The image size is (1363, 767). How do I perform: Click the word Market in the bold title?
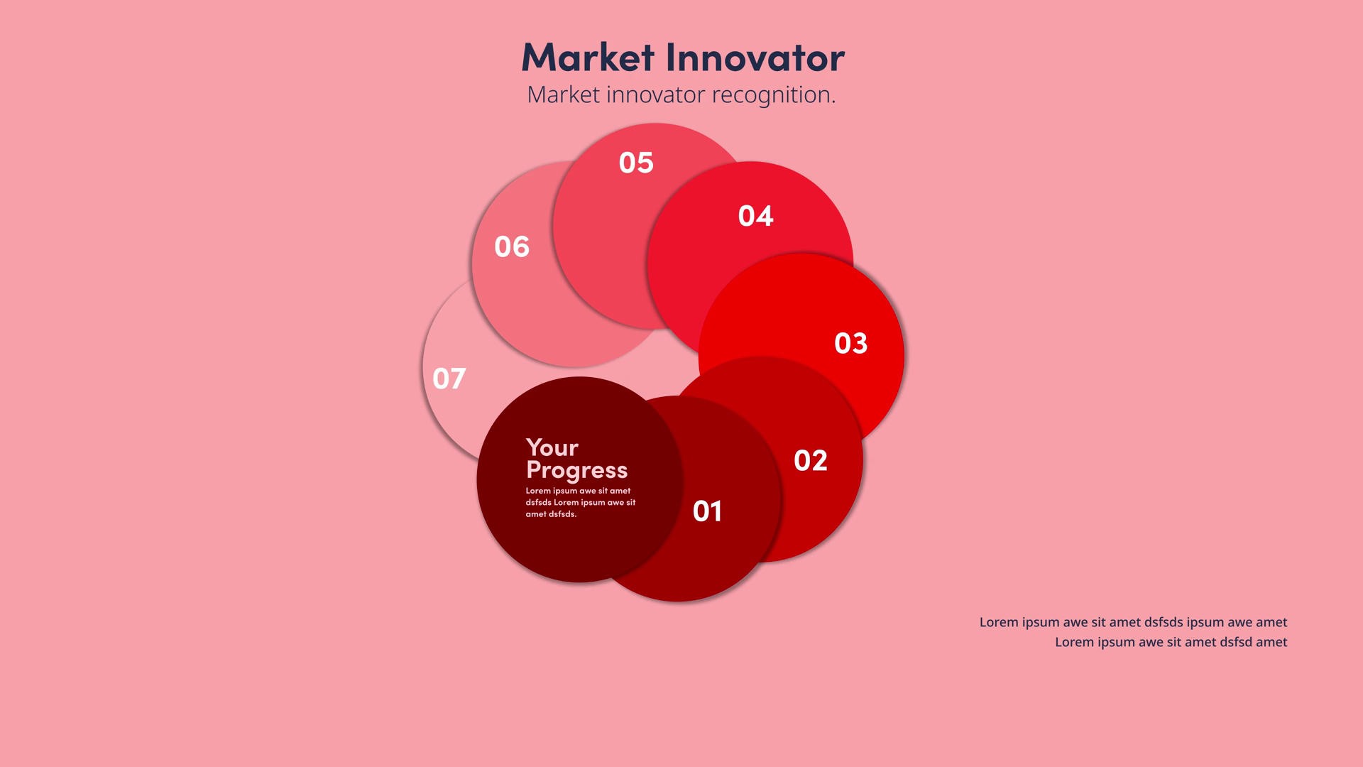(588, 57)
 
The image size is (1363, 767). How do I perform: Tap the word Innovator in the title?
(756, 57)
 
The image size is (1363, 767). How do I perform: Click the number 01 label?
(707, 511)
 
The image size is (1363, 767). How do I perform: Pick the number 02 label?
(811, 461)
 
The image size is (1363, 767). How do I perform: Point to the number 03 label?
(851, 344)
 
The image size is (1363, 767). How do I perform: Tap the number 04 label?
(755, 216)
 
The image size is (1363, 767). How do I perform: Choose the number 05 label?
(636, 163)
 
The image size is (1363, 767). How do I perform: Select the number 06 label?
(512, 247)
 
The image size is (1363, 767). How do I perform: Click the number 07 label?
(449, 379)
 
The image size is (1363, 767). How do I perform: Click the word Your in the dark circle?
(552, 447)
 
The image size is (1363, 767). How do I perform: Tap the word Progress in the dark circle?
(577, 470)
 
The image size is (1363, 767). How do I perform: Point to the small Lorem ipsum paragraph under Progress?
(581, 502)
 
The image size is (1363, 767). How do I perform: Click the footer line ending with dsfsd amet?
(1171, 642)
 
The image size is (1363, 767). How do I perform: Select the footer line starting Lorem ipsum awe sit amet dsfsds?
(1134, 622)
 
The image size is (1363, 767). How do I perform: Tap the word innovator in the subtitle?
(656, 95)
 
